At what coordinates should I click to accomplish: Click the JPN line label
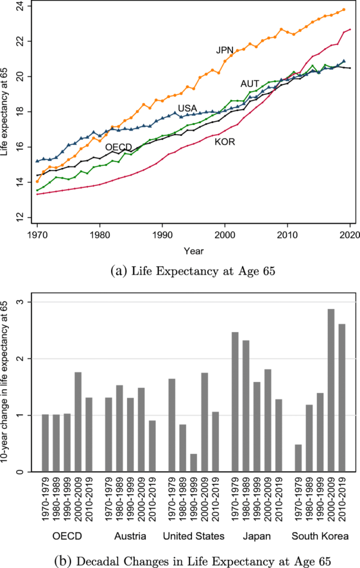(225, 50)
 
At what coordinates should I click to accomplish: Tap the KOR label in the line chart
(225, 142)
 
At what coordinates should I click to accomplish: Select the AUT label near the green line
(250, 84)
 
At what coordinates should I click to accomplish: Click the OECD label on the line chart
(119, 147)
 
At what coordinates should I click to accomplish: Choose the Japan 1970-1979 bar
(235, 402)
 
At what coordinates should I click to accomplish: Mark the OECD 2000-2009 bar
(78, 422)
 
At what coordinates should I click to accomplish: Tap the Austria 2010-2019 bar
(153, 446)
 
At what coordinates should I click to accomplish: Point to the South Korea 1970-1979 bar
(298, 458)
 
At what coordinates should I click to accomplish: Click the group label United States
(194, 536)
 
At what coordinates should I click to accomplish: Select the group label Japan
(256, 536)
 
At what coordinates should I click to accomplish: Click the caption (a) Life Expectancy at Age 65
(194, 272)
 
